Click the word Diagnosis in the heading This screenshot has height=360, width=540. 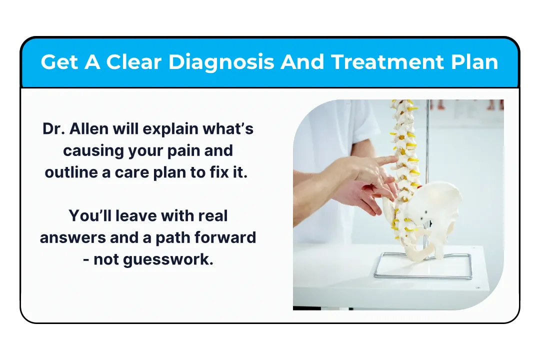(221, 62)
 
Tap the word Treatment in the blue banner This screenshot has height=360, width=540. (387, 62)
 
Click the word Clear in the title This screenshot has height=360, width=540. (133, 62)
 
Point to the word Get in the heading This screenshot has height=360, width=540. (59, 62)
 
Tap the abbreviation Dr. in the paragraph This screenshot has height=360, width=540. (53, 129)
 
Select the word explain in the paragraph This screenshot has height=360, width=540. (170, 129)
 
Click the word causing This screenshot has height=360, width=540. (93, 151)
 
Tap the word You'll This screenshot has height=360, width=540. (90, 215)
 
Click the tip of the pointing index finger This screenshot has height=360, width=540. (396, 158)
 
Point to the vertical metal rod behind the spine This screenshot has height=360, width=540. (427, 144)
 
